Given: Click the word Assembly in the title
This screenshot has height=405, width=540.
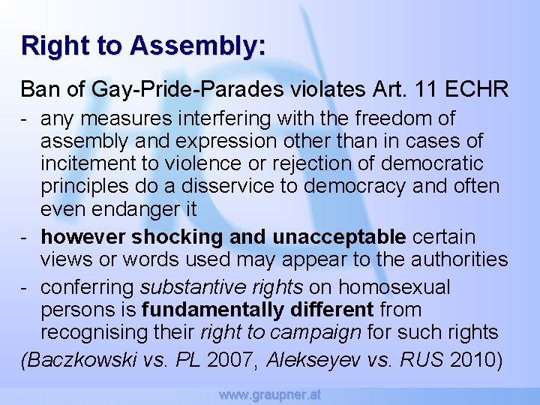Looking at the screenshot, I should click(x=197, y=45).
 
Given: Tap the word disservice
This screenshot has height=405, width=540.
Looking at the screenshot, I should click(x=230, y=185).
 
